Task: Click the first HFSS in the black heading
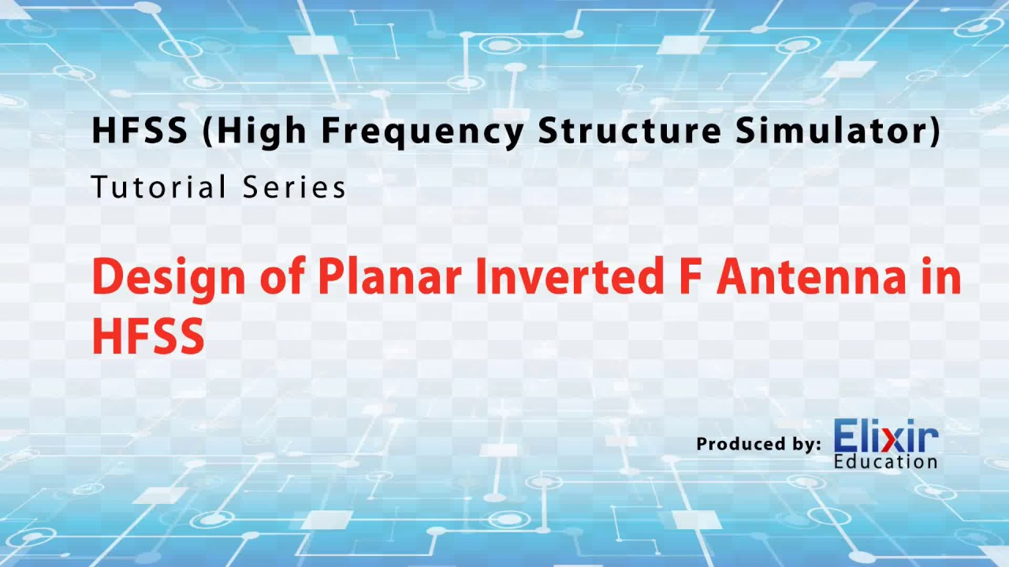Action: coord(140,131)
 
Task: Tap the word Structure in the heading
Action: coord(628,131)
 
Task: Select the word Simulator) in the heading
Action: coord(838,131)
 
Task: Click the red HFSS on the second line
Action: coord(148,335)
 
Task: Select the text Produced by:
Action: coord(758,444)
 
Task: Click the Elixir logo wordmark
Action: coord(885,436)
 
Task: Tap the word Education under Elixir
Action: coord(885,461)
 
